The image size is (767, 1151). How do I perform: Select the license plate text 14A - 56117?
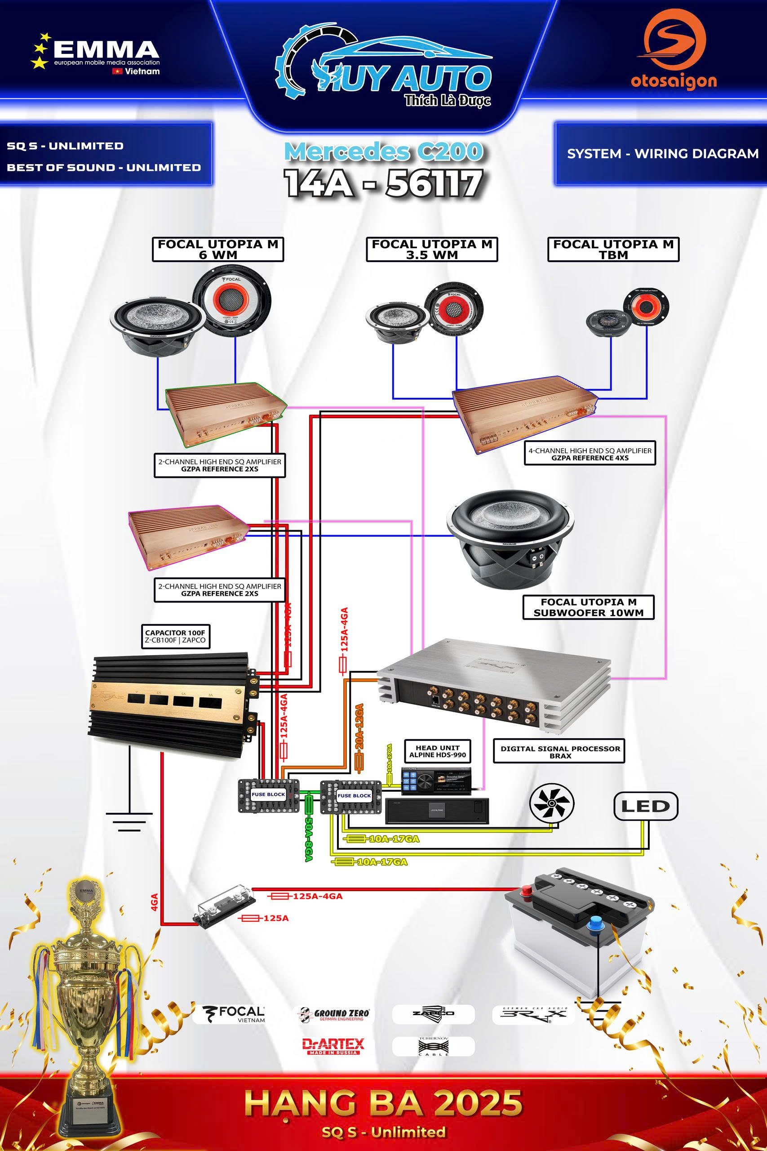coord(384,183)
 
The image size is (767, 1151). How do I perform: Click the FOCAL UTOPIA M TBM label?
coord(613,249)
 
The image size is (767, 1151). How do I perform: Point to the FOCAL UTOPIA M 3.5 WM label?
coord(431,249)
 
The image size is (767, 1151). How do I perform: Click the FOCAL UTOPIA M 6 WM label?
coord(217,249)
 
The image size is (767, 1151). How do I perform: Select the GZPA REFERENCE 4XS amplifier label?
coord(590,454)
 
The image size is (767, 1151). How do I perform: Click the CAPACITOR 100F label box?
coord(175,636)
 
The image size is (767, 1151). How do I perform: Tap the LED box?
coord(645,806)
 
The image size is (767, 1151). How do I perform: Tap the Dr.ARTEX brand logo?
coord(333,1046)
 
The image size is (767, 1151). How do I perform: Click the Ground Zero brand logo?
coord(335,1014)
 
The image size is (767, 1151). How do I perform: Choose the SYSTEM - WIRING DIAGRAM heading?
coord(662,154)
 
